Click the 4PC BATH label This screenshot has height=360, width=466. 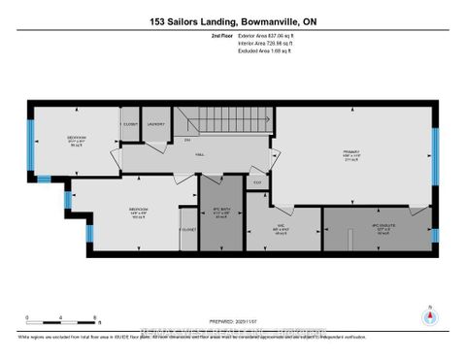(x=218, y=213)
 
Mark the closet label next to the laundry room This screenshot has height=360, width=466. (x=128, y=124)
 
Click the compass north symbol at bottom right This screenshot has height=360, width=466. (x=426, y=313)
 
